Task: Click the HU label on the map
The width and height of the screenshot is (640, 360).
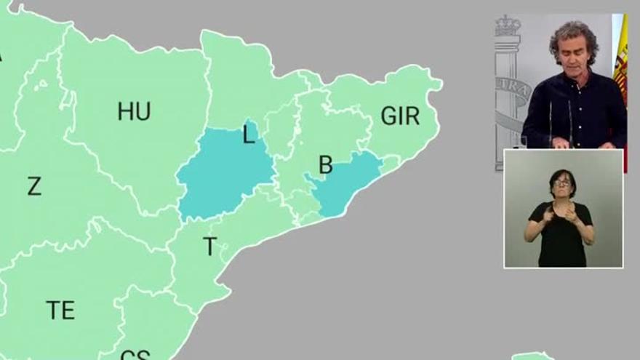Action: click(134, 111)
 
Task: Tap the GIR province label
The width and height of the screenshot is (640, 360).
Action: click(400, 116)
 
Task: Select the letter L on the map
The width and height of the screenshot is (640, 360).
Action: click(249, 135)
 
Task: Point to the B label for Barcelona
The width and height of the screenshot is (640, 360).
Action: click(326, 165)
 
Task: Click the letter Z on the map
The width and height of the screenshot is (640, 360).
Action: click(34, 186)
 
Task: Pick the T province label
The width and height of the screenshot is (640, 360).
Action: click(209, 247)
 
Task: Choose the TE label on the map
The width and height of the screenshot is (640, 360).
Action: click(60, 311)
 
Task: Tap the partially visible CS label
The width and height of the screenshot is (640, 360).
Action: click(135, 355)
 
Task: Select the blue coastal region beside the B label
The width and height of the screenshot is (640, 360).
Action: click(345, 183)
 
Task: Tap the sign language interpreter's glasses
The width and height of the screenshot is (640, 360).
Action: click(562, 183)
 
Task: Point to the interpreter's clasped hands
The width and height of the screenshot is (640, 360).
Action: click(559, 215)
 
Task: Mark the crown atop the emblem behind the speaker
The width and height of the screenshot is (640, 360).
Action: click(508, 26)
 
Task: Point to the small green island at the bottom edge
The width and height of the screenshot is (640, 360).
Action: click(532, 356)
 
